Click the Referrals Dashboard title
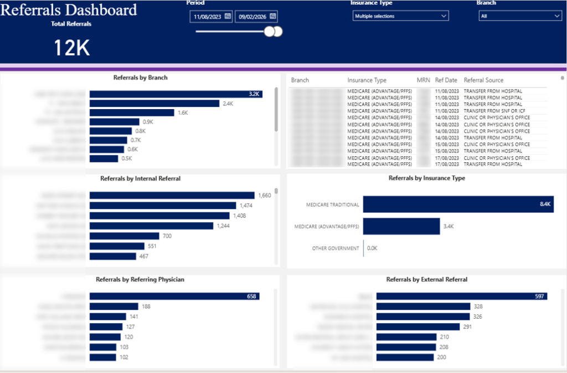coord(69,10)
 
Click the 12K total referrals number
coord(71,48)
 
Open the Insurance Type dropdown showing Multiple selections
coord(400,17)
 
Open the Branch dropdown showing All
coord(520,17)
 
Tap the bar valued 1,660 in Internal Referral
coord(172,195)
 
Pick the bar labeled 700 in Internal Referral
coord(124,236)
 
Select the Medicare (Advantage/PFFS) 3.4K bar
coord(401,226)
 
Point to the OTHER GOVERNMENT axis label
coord(334,248)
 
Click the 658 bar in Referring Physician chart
coord(174,297)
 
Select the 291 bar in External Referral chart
coord(418,326)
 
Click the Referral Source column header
coord(483,80)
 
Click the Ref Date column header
coord(446,80)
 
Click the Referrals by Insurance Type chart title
coord(426,178)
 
